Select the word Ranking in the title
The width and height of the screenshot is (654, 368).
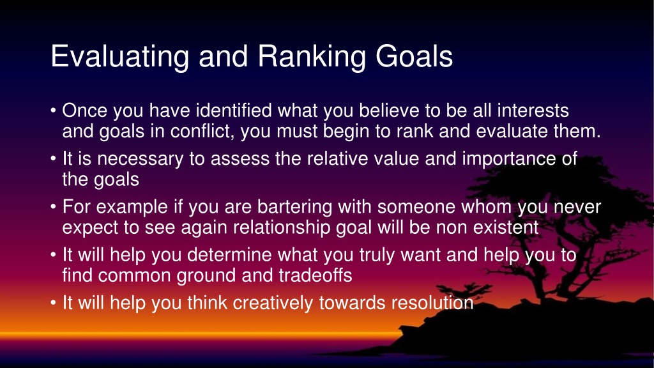coord(312,57)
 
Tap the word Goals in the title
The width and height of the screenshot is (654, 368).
coord(414,56)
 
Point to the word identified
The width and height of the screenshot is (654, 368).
coord(234,111)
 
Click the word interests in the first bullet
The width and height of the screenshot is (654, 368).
coord(533,111)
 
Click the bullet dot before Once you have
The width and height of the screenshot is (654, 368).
coord(53,111)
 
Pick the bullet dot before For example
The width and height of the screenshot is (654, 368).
coord(53,208)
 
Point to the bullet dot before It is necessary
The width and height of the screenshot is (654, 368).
coord(53,159)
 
